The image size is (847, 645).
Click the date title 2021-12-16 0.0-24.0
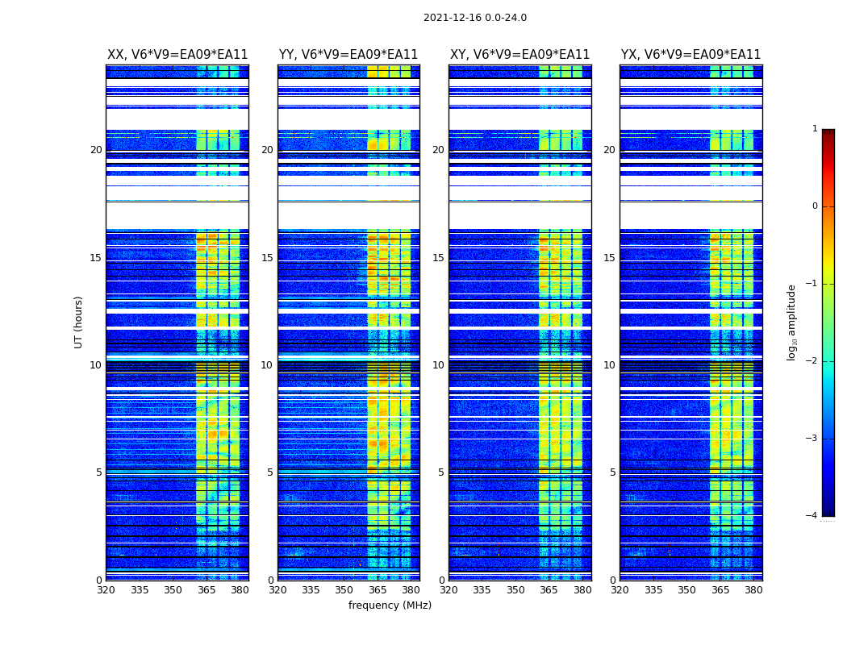tap(474, 18)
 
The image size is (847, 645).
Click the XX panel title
tap(177, 55)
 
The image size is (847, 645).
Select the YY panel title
tap(348, 55)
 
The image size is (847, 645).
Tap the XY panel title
tap(519, 55)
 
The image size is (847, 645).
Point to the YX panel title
tap(691, 55)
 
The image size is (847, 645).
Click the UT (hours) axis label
tap(79, 322)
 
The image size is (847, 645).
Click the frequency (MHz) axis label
tap(390, 605)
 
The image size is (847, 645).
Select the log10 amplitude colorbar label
tap(792, 322)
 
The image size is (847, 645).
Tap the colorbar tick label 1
tap(814, 129)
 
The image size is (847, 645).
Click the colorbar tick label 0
tap(814, 206)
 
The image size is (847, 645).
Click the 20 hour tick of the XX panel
tap(96, 150)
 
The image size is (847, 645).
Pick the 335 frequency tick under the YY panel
tap(311, 590)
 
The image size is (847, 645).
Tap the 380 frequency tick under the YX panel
tap(753, 590)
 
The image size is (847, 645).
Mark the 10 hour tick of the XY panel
tap(439, 365)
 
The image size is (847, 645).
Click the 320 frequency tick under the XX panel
tap(106, 590)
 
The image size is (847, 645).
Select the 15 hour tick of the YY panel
tap(267, 258)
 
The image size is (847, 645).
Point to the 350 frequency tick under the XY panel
tap(515, 590)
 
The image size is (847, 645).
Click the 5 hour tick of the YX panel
tap(613, 472)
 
